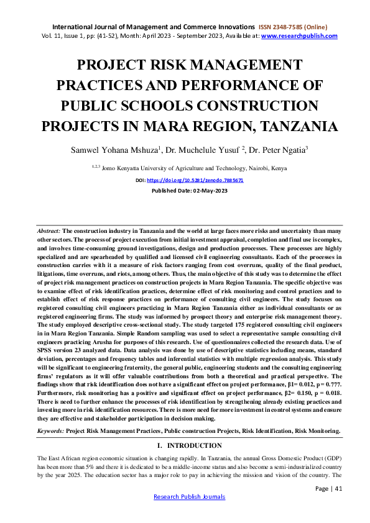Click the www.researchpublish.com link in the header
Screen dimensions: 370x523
pyautogui.click(x=300, y=36)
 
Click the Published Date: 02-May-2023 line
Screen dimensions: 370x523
pyautogui.click(x=185, y=190)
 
